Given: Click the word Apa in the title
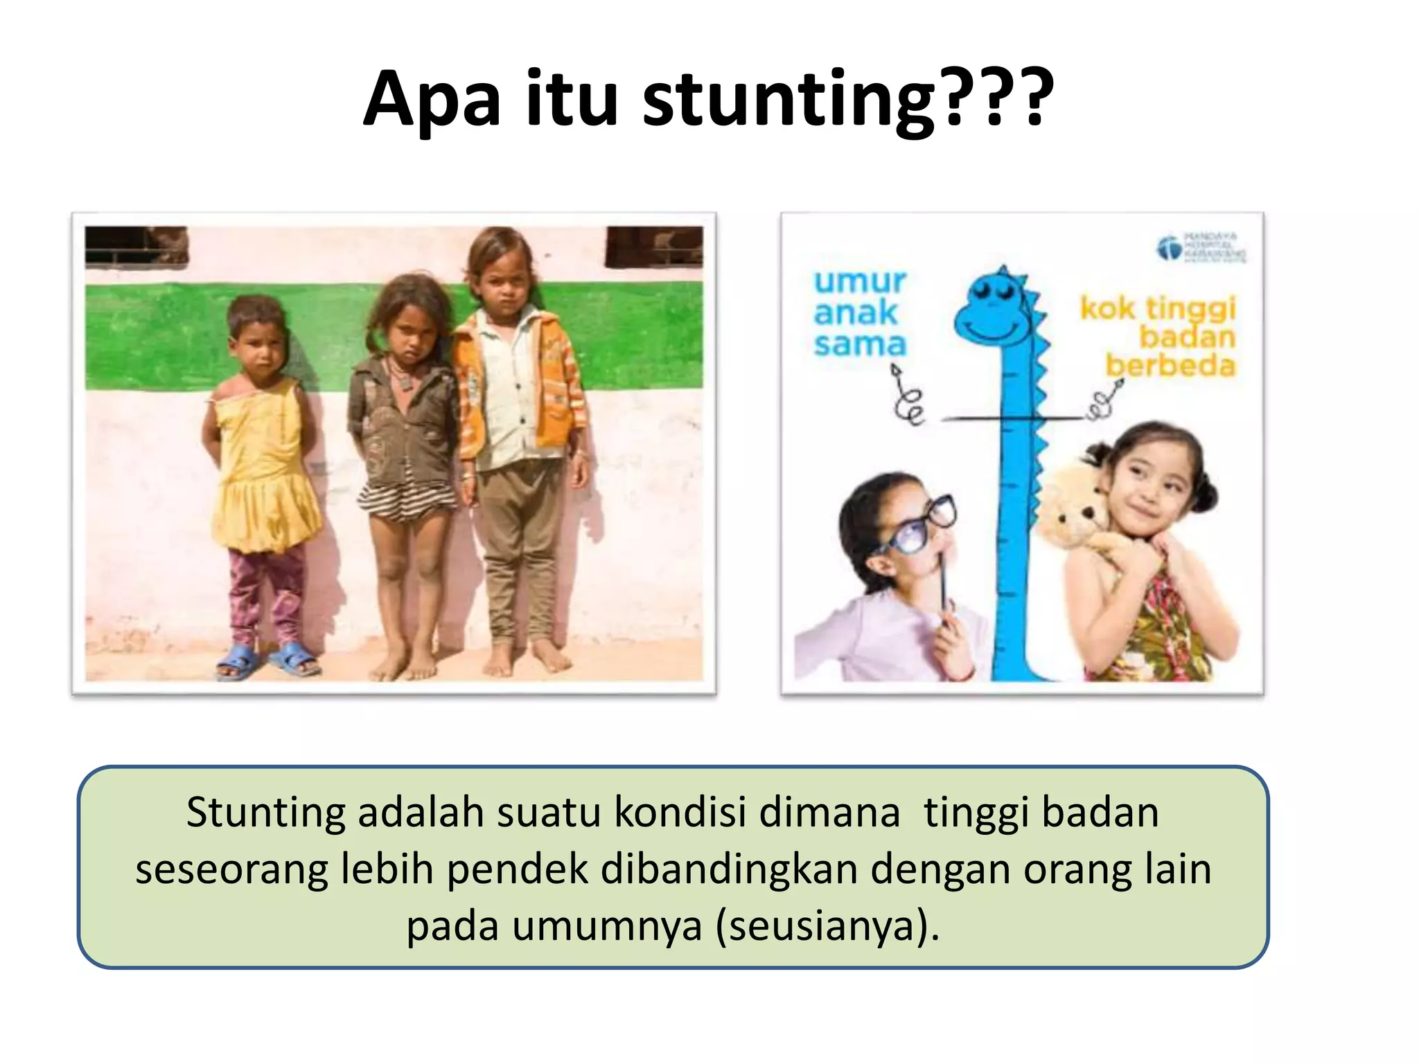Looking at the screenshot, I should pyautogui.click(x=431, y=100).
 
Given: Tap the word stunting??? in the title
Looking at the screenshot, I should pyautogui.click(x=847, y=100).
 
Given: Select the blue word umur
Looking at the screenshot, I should pyautogui.click(x=860, y=282).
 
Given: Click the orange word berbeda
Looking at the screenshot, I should pyautogui.click(x=1170, y=366).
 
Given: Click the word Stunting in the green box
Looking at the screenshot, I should pyautogui.click(x=265, y=812).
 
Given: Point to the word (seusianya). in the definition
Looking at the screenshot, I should pyautogui.click(x=827, y=925).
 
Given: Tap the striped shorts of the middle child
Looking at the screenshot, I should pyautogui.click(x=405, y=500).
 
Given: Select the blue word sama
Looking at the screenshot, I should pyautogui.click(x=860, y=344).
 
